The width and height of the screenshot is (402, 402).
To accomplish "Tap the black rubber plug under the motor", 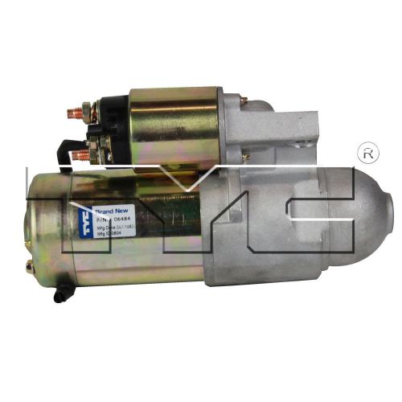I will pyautogui.click(x=59, y=296).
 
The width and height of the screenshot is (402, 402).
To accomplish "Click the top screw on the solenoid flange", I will pyautogui.click(x=243, y=101).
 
